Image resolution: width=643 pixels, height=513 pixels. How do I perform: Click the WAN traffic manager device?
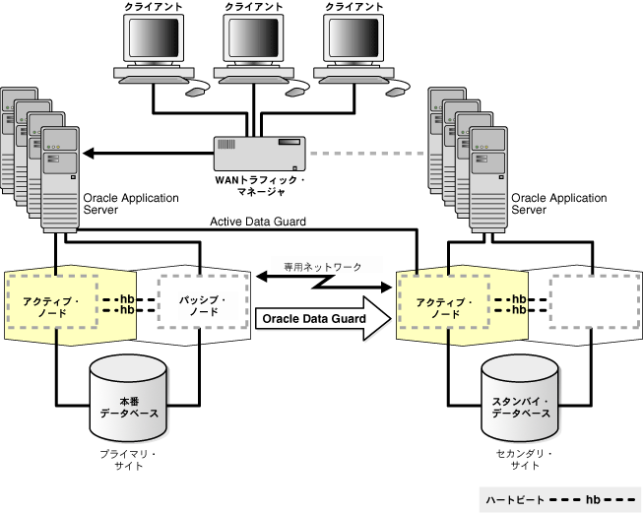(x=260, y=154)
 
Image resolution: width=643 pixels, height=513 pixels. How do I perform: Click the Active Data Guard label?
(x=258, y=222)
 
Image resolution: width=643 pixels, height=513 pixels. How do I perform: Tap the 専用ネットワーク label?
(x=322, y=267)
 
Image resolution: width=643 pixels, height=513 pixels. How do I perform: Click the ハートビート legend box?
(x=557, y=499)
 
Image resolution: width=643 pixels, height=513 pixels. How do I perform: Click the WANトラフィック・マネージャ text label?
(x=260, y=186)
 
